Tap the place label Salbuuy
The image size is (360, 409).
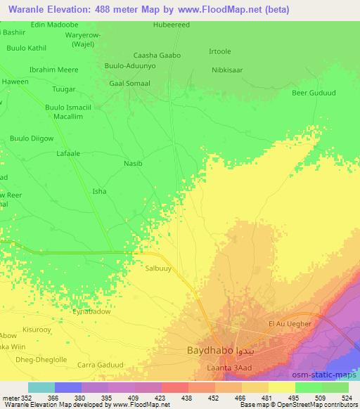coord(158,268)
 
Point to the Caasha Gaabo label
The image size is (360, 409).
coord(157,55)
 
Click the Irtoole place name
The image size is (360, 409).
coord(220,53)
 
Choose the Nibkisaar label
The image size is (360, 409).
coord(227,70)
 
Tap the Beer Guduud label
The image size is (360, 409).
coord(313,93)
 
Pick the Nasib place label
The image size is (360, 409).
coord(133,163)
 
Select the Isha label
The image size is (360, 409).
coord(100,190)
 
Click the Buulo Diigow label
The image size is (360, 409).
coord(32,138)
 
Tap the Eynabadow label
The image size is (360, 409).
coord(92,311)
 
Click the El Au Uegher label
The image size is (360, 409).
coord(290,323)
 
